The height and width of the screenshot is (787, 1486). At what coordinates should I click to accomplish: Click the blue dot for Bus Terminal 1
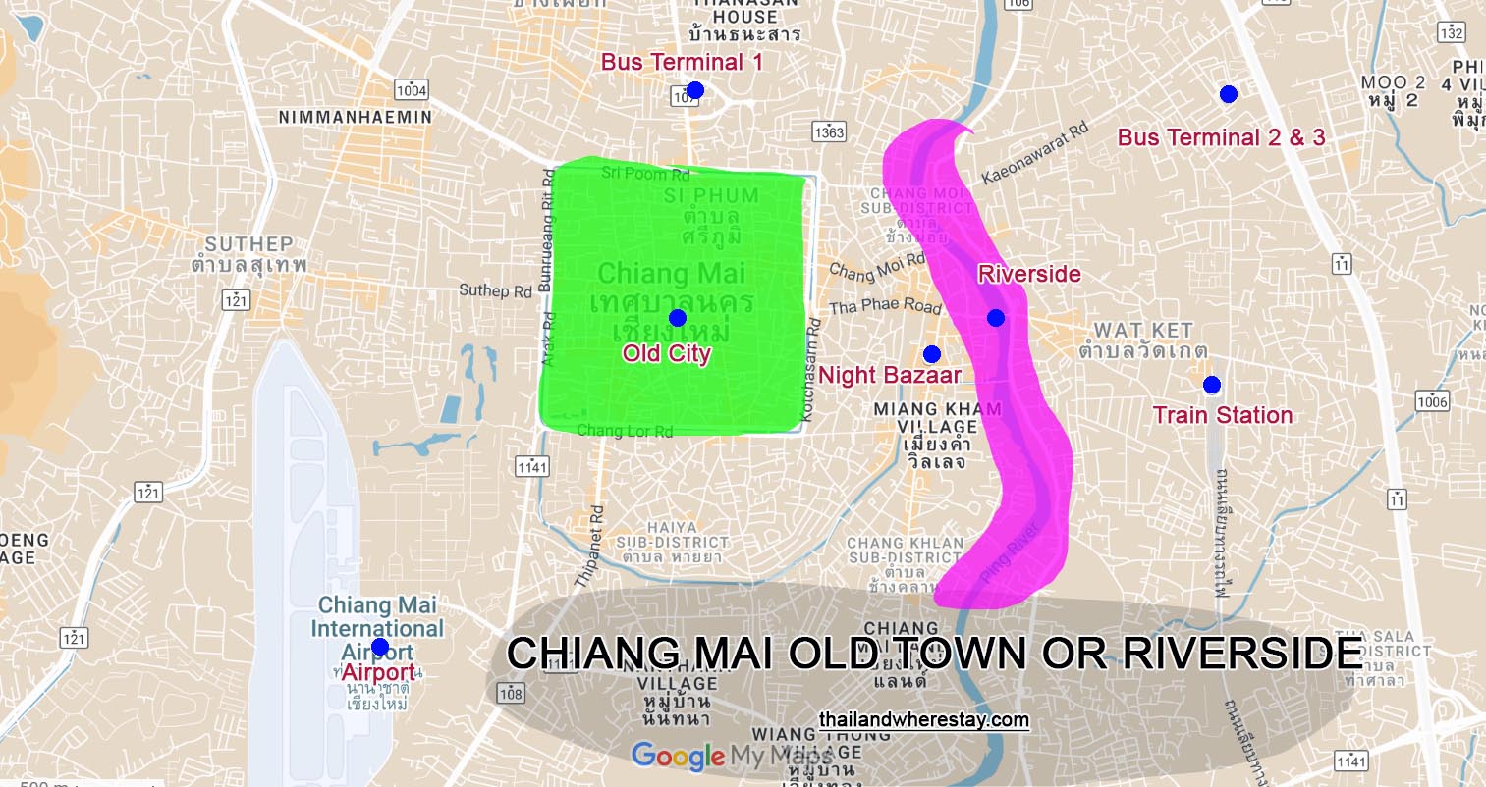click(x=695, y=90)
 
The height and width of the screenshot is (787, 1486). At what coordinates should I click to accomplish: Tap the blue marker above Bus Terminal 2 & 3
click(x=1228, y=94)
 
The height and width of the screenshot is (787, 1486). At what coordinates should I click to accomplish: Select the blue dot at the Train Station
click(x=1211, y=385)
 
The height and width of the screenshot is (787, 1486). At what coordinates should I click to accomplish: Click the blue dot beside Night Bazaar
click(x=932, y=354)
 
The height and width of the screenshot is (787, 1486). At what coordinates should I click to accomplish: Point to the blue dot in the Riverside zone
click(x=996, y=318)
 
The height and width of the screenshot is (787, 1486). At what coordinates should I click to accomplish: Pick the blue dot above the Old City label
click(x=677, y=318)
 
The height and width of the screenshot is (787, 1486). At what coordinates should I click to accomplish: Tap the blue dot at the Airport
click(x=380, y=648)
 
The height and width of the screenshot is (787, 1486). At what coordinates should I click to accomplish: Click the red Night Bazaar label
click(x=889, y=375)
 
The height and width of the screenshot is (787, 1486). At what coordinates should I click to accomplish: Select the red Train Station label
click(x=1223, y=415)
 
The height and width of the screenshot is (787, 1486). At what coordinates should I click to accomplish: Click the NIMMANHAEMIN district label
click(x=355, y=117)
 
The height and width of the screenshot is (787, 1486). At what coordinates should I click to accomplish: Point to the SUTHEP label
click(x=248, y=243)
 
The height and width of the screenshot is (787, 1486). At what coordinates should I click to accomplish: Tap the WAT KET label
click(x=1143, y=331)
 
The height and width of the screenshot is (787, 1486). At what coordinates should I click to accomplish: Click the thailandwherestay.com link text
click(x=923, y=720)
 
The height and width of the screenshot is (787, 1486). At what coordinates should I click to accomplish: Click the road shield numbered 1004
click(x=412, y=90)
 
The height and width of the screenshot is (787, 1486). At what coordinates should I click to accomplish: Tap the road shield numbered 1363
click(x=829, y=131)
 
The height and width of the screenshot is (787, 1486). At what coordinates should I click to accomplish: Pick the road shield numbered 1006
click(x=1432, y=400)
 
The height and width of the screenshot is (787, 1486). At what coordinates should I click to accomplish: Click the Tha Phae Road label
click(x=885, y=306)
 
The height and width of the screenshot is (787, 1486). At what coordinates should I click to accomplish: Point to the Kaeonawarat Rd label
click(x=1035, y=153)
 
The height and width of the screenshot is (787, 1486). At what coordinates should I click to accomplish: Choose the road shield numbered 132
click(x=1451, y=32)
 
